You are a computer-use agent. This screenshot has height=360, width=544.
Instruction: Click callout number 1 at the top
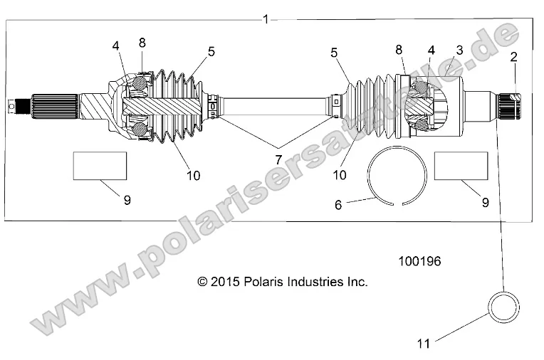click(x=266, y=19)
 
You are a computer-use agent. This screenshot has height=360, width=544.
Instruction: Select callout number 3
click(x=459, y=50)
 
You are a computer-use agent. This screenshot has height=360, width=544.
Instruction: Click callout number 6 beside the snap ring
click(x=339, y=204)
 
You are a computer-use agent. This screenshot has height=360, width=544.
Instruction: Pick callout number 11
click(x=424, y=343)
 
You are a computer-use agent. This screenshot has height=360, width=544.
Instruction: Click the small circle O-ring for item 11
click(x=504, y=305)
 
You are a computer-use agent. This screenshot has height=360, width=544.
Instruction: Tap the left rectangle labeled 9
click(x=100, y=166)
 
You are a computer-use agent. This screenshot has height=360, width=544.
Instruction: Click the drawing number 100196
click(x=419, y=262)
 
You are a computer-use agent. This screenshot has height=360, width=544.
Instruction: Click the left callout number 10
click(x=193, y=176)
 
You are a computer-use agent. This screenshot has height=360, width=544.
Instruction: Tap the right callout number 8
click(x=399, y=49)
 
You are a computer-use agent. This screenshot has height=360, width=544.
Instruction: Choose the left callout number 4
click(x=115, y=46)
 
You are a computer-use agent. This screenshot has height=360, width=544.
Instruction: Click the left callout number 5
click(x=211, y=51)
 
